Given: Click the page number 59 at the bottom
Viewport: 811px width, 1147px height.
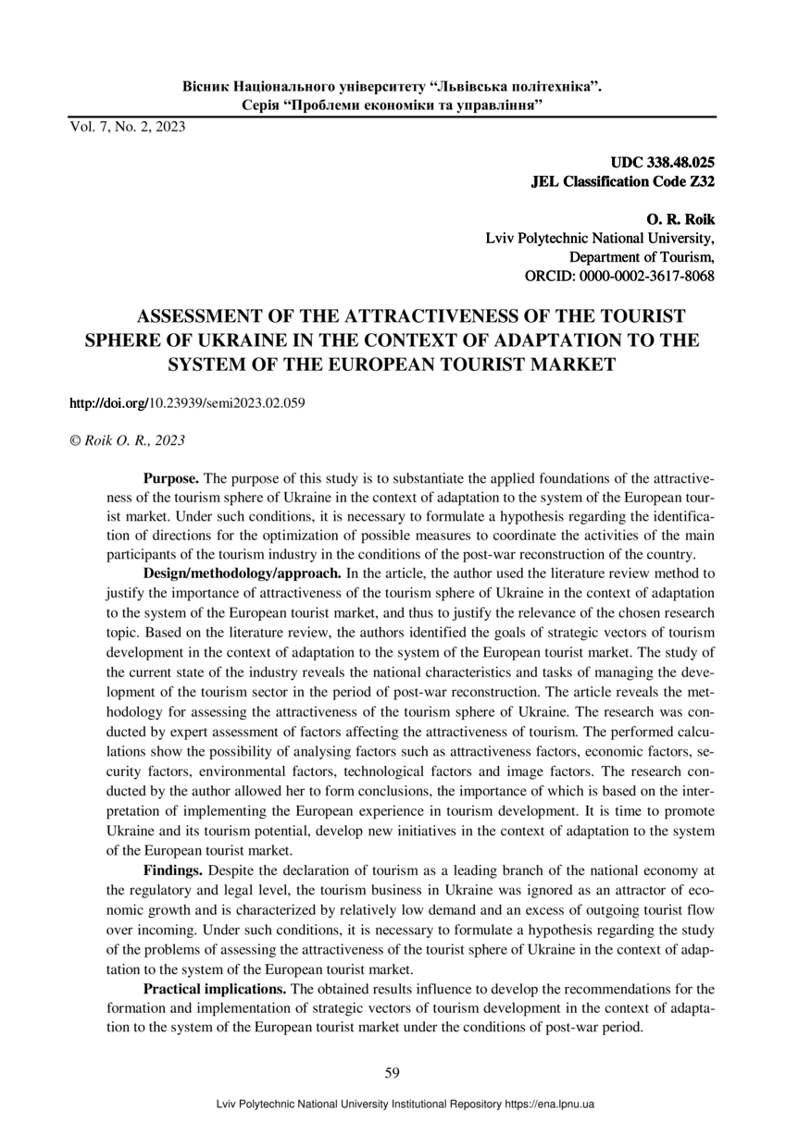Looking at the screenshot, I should [392, 1072].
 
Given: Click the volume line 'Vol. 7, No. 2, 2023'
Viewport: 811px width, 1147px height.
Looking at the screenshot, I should [127, 127].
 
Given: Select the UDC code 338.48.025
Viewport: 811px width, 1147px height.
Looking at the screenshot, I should [680, 162].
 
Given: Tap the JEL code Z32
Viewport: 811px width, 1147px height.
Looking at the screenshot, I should [699, 181].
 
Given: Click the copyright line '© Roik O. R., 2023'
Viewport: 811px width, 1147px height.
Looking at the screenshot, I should [127, 441].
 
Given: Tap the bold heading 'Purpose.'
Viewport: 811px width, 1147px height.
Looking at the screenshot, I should [170, 479].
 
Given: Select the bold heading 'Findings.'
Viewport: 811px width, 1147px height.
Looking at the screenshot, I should [173, 870].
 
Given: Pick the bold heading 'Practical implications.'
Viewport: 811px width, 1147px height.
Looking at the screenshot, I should [215, 989].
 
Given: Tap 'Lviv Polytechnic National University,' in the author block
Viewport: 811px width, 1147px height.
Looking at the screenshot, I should [600, 239].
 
